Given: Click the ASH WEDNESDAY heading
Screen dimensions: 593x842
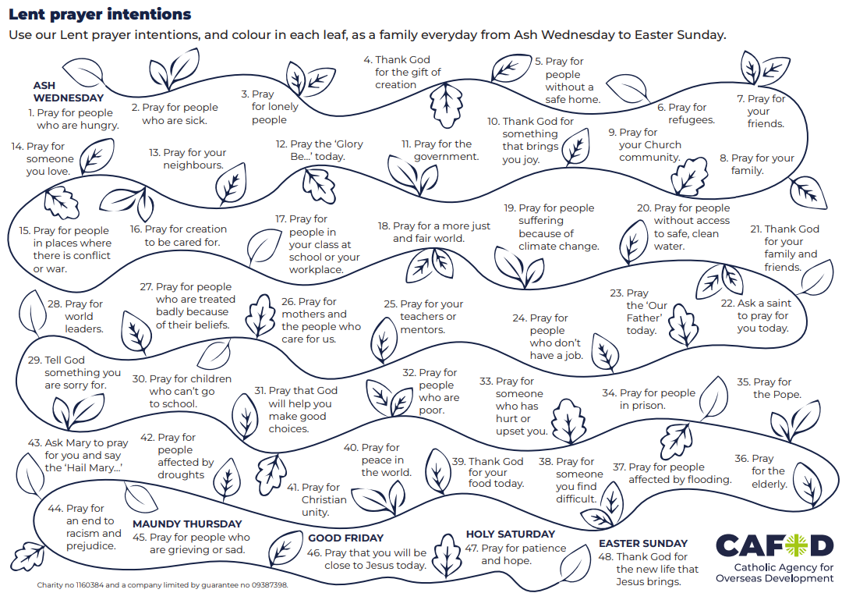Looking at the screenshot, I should pos(68,92).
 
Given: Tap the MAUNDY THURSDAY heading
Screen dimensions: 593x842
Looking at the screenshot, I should pos(187,524).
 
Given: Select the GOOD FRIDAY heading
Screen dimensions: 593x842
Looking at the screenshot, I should pos(346,538).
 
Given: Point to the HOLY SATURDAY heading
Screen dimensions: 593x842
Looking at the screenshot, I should pos(511,534).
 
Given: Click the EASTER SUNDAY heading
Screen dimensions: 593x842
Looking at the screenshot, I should pos(643,543).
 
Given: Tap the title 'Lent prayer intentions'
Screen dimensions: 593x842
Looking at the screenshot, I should pos(100,15).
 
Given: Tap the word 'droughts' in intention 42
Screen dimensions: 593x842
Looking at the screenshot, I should pos(181,475).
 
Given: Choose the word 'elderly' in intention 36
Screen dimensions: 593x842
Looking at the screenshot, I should pos(768,484).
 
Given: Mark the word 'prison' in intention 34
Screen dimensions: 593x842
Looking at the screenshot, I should pos(647,406).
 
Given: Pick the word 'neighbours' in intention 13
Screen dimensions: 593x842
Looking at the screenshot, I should pos(193,165).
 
